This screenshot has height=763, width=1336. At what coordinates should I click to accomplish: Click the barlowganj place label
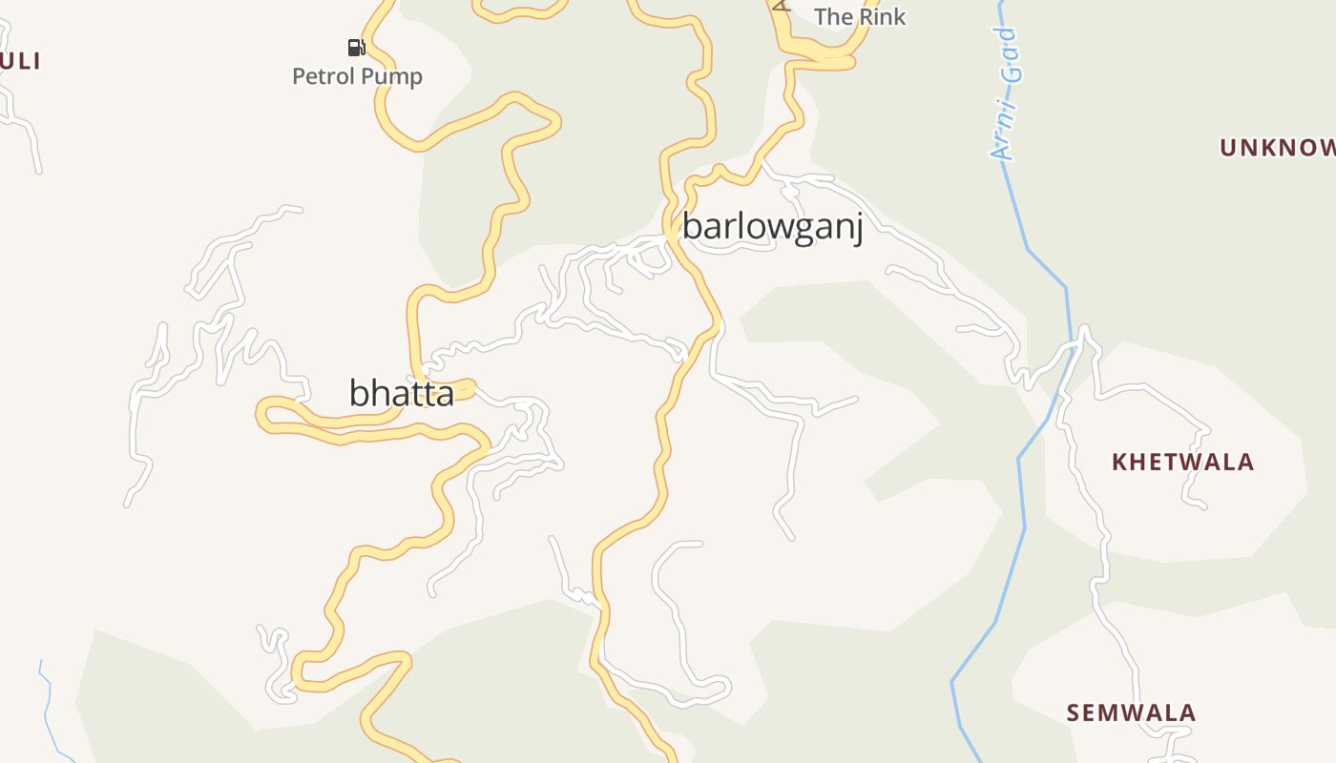click(x=772, y=227)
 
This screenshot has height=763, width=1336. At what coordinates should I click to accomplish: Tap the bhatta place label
click(x=401, y=392)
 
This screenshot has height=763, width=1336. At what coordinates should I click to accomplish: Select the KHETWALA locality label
click(x=1182, y=462)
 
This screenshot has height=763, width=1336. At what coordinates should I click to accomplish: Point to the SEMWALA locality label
click(x=1131, y=712)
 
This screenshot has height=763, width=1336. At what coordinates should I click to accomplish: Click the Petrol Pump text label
click(x=357, y=76)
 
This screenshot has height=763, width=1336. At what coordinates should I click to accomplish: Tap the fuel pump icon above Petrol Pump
click(x=356, y=47)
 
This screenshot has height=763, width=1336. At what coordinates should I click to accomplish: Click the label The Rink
click(x=860, y=16)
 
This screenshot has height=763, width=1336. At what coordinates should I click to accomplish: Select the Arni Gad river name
click(x=1006, y=93)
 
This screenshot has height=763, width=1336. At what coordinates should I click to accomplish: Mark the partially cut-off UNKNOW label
click(x=1278, y=147)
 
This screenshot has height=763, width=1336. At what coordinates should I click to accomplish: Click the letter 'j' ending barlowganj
click(x=858, y=229)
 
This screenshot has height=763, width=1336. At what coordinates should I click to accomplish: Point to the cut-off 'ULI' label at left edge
click(x=20, y=61)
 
